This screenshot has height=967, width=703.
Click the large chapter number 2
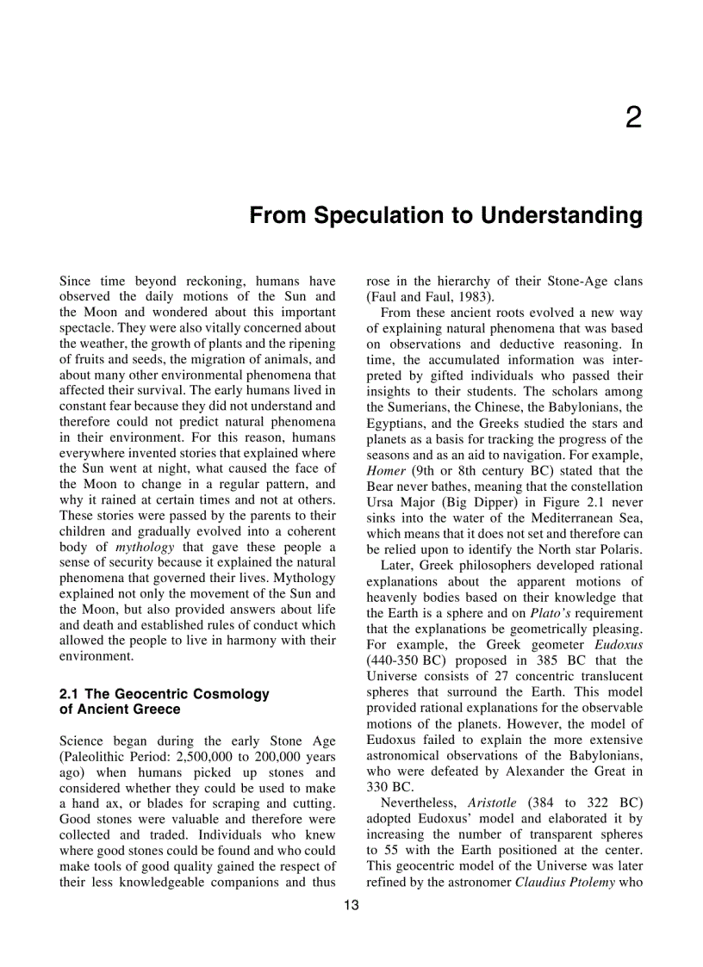click(x=633, y=119)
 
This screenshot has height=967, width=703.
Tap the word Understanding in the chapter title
click(x=561, y=215)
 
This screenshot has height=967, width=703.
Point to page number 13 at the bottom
click(x=351, y=905)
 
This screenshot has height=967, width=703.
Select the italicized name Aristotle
click(x=492, y=803)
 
